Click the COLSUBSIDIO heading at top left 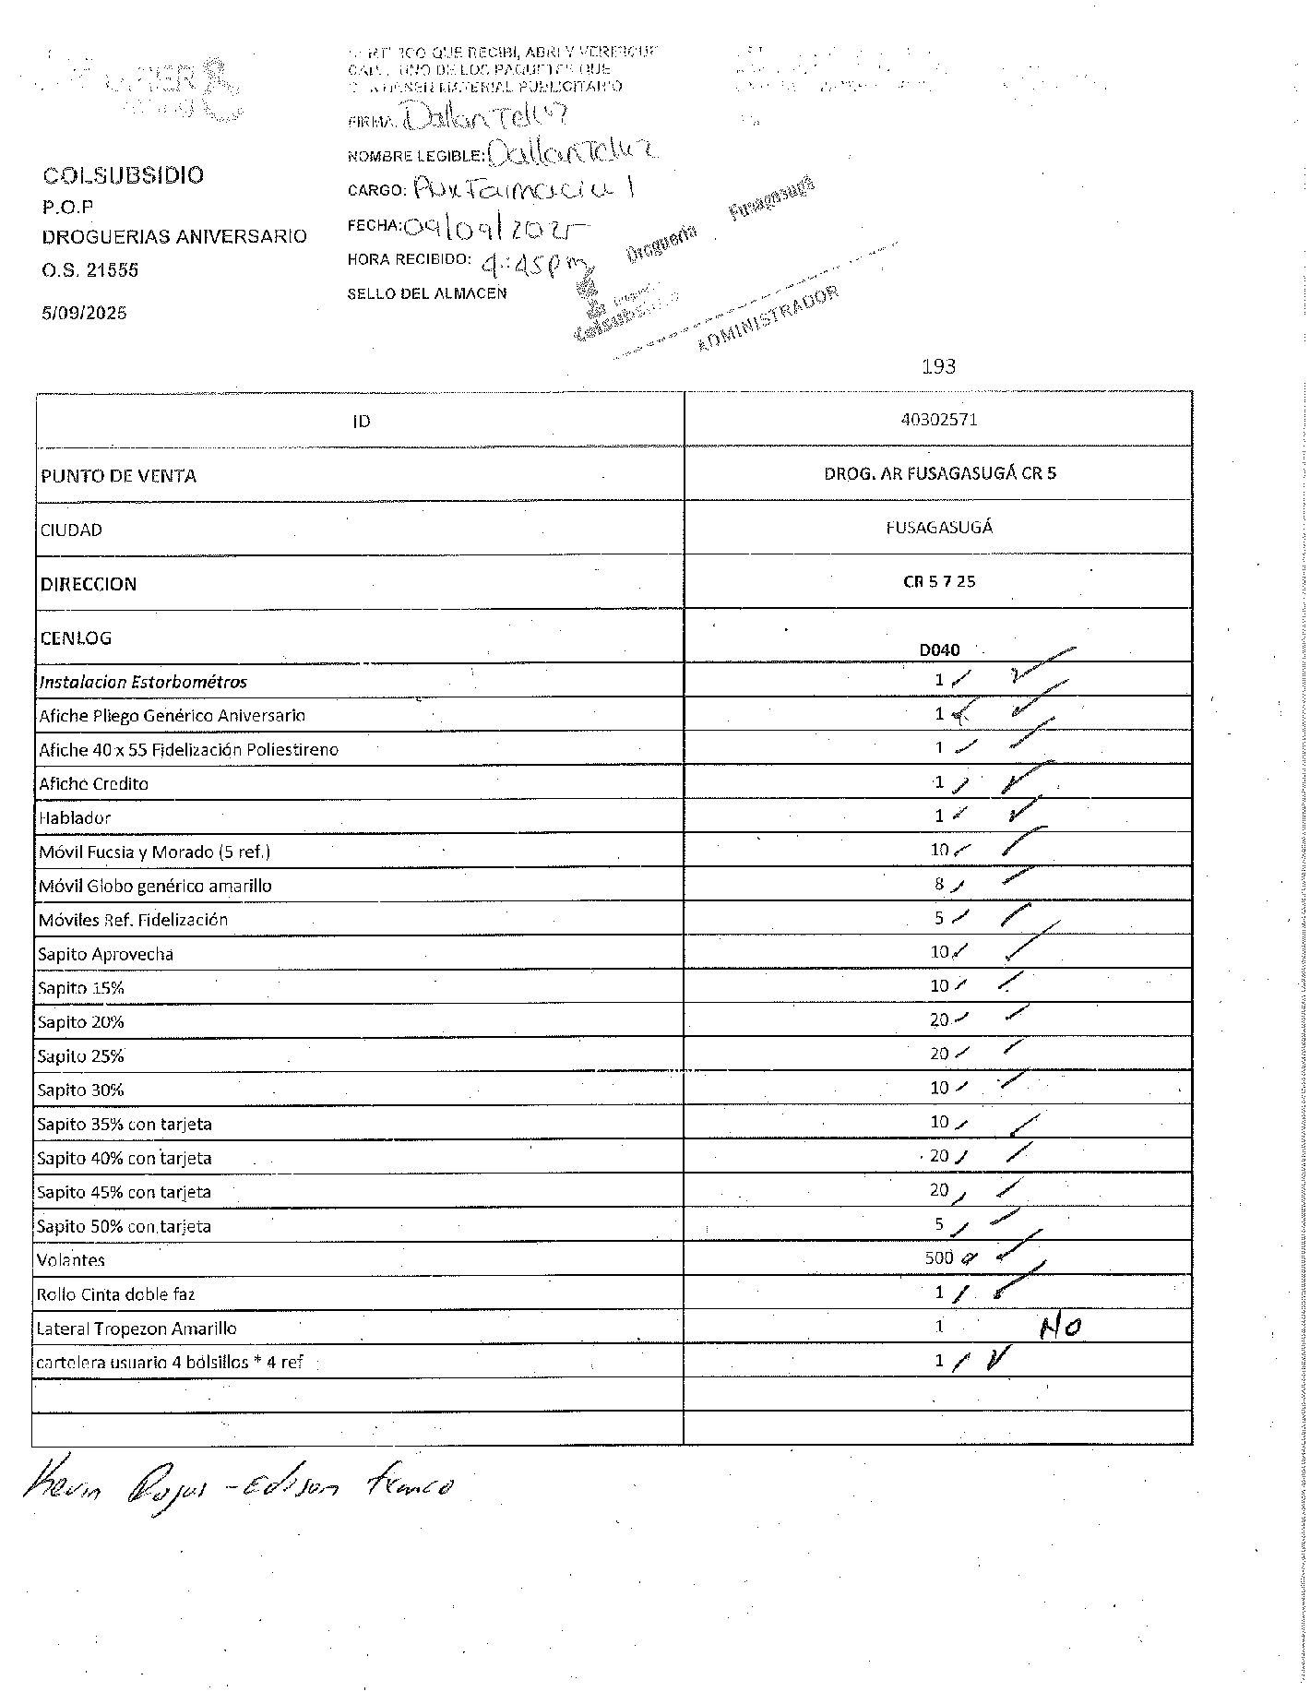click(123, 175)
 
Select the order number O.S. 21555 click(89, 270)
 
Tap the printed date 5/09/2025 click(84, 313)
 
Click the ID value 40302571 click(938, 420)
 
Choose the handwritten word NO click(1061, 1329)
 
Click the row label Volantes click(71, 1260)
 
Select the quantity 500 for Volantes click(938, 1257)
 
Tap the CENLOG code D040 click(939, 649)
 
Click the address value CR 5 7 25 click(939, 581)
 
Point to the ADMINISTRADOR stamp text click(768, 319)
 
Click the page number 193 click(938, 366)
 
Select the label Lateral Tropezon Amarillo click(137, 1329)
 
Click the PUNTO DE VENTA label click(118, 476)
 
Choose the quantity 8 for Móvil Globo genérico click(939, 884)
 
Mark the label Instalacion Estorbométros click(143, 682)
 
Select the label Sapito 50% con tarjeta click(124, 1226)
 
